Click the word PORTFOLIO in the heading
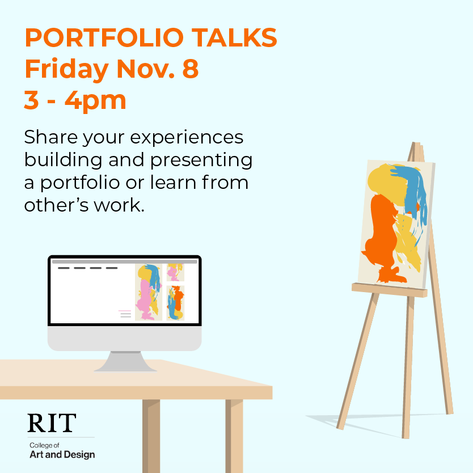104,37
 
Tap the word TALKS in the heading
234,37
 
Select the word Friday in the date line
67,70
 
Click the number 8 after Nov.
191,69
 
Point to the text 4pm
95,101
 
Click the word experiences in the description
187,138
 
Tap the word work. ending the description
119,205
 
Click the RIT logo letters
52,423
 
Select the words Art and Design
62,454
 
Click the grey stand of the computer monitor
125,361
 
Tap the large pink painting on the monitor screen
149,292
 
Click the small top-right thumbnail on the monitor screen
175,272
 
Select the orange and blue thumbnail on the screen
175,303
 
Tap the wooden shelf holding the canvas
390,290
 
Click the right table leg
234,436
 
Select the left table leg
151,436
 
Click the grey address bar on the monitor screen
125,262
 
